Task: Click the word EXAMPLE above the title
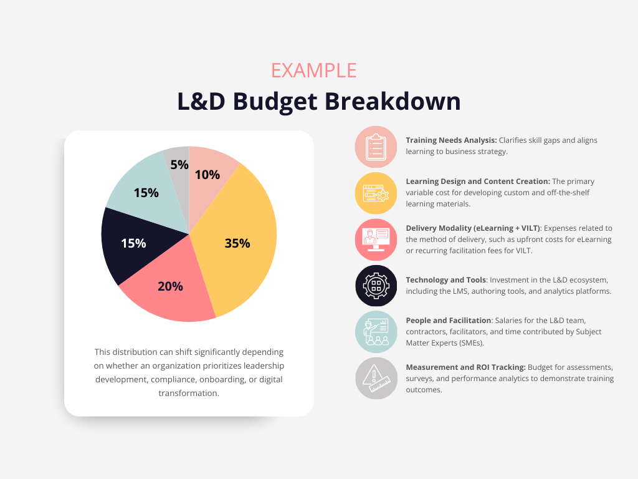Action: [313, 70]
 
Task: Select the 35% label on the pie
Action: [237, 243]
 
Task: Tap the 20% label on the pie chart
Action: [170, 286]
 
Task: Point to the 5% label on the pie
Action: [179, 165]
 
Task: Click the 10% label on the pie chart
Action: [207, 175]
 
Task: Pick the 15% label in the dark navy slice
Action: [133, 243]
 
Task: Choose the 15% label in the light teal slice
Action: [146, 193]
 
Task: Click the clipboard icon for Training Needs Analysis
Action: [376, 147]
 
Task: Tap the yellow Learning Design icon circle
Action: [376, 193]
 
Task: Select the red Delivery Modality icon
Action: [376, 239]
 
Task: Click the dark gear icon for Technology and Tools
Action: [376, 286]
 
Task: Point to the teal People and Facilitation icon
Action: [376, 332]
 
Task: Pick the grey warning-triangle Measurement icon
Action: [376, 378]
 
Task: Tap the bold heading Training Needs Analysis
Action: [451, 140]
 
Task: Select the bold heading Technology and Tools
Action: [445, 280]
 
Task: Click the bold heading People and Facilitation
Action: [449, 321]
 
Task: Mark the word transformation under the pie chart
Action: [189, 393]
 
